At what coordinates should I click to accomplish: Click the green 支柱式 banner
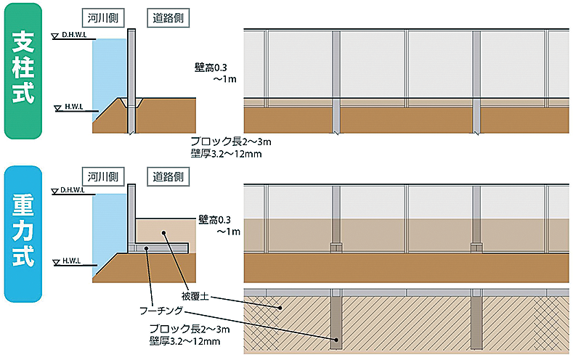coord(23,71)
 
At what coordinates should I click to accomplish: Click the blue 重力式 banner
coord(23,234)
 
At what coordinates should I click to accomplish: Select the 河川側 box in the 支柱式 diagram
coord(103,18)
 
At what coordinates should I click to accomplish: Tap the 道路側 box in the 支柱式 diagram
coord(168,18)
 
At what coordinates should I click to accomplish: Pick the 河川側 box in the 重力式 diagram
coord(103,177)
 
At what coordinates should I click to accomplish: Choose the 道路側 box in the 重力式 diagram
coord(168,177)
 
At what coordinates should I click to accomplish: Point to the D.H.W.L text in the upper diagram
coord(74,35)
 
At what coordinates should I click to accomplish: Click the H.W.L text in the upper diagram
coord(74,107)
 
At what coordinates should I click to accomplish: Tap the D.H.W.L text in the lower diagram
coord(73,190)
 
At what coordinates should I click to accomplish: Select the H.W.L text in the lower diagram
coord(72,261)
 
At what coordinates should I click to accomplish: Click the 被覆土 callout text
coord(195,296)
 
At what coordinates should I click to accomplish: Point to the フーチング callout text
coord(161,311)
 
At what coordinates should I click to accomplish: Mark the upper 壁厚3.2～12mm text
coord(226,154)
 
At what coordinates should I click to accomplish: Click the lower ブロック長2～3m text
coord(190,329)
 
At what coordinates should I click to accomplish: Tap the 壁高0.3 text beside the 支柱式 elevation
coord(211,67)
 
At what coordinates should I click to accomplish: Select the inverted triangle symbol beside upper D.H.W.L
coord(55,36)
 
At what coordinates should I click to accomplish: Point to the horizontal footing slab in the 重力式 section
coord(159,248)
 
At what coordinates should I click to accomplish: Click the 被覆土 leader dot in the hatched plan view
coord(280,308)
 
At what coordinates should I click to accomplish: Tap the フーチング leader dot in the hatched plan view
coord(336,340)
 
